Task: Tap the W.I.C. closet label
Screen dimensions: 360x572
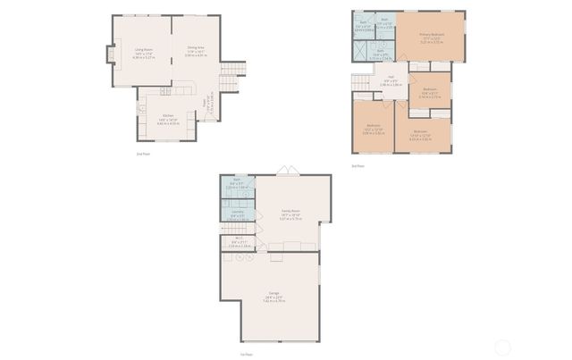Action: pyautogui.click(x=236, y=241)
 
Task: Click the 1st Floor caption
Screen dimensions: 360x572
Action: pyautogui.click(x=243, y=354)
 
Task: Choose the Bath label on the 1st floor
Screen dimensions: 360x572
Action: pyautogui.click(x=238, y=183)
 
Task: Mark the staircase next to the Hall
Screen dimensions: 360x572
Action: pyautogui.click(x=361, y=83)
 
